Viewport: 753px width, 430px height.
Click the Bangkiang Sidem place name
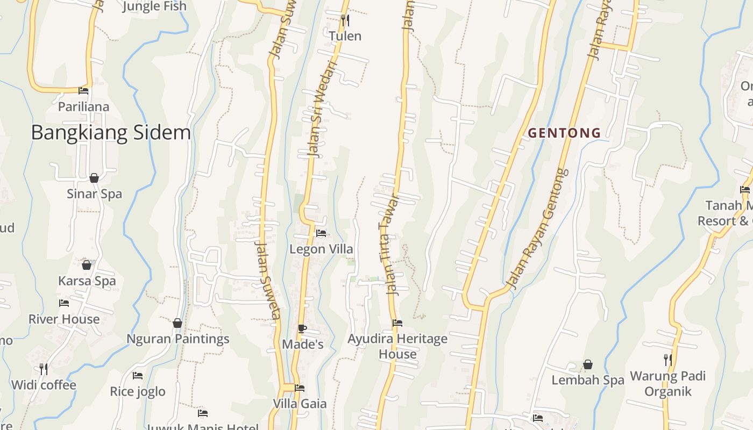[111, 132]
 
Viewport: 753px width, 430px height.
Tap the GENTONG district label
[564, 133]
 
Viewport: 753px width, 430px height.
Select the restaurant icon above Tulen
[345, 20]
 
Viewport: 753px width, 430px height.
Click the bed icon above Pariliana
[83, 91]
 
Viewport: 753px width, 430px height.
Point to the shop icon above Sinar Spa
[94, 178]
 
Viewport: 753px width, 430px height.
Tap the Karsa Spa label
[87, 281]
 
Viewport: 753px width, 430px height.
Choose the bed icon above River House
[64, 303]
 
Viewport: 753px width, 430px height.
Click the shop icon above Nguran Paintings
[177, 323]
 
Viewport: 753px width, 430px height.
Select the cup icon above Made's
[302, 328]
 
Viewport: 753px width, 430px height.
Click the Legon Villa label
[321, 249]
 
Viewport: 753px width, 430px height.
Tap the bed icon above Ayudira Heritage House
[397, 323]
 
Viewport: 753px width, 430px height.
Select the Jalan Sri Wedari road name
[322, 109]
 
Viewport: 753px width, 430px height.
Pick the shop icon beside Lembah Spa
[588, 365]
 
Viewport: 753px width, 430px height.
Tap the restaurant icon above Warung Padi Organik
[667, 360]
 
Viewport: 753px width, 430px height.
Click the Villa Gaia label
[300, 404]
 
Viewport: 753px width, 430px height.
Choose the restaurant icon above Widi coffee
[44, 369]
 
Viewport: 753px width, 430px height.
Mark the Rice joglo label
[138, 391]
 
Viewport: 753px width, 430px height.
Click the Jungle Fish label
[154, 6]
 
